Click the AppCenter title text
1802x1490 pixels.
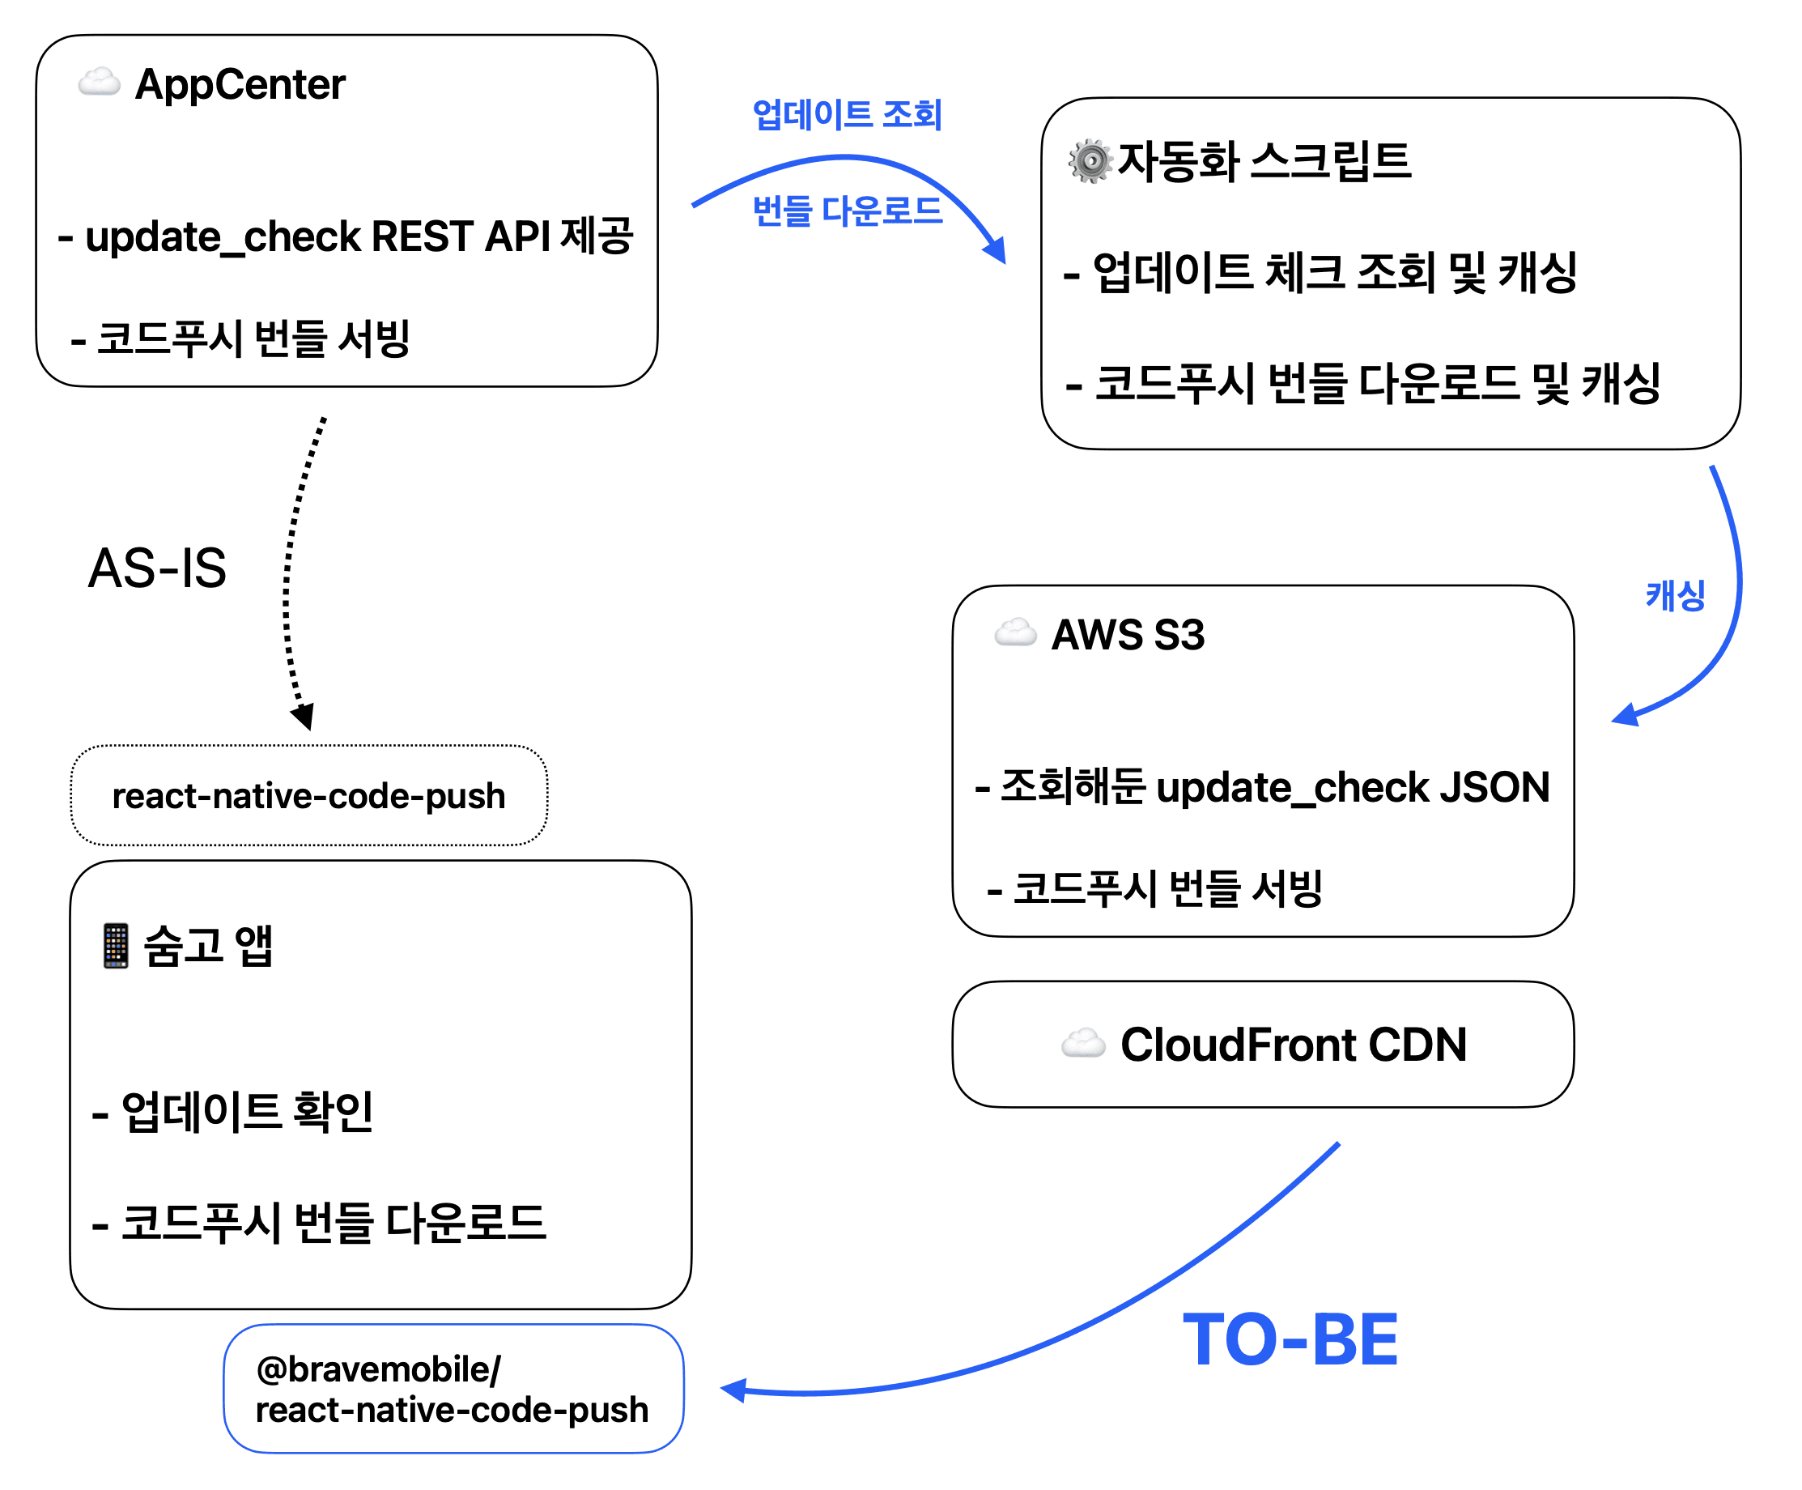[240, 85]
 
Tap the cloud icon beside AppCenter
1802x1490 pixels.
[99, 83]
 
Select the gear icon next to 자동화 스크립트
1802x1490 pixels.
[1090, 160]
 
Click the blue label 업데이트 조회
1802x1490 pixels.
[847, 115]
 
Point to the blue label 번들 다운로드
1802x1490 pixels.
[847, 211]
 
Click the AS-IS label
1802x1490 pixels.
[157, 568]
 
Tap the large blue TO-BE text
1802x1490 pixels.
[1290, 1341]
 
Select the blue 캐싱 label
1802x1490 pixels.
[1674, 596]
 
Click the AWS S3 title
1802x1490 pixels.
[1128, 635]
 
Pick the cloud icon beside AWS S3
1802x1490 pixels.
[1015, 632]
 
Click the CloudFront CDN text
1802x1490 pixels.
[1293, 1045]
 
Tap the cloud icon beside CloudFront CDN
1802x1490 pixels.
[1083, 1044]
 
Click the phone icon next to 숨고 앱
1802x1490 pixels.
[116, 946]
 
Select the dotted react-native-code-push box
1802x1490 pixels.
[309, 796]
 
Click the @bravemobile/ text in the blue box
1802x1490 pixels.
[378, 1370]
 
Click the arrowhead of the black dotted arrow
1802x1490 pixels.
[304, 717]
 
